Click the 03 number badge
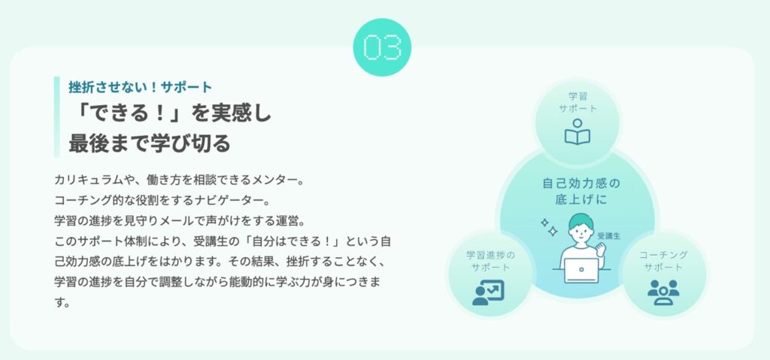pyautogui.click(x=382, y=47)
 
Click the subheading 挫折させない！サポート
pyautogui.click(x=141, y=87)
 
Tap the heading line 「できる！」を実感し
pyautogui.click(x=170, y=114)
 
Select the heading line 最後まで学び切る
pyautogui.click(x=150, y=144)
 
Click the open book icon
pyautogui.click(x=577, y=132)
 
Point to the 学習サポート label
pyautogui.click(x=577, y=102)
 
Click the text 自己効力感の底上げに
pyautogui.click(x=581, y=192)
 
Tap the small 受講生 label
pyautogui.click(x=609, y=236)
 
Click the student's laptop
pyautogui.click(x=581, y=271)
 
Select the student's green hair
pyautogui.click(x=581, y=220)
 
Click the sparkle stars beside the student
pyautogui.click(x=549, y=227)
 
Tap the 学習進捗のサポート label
pyautogui.click(x=490, y=261)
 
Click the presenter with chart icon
pyautogui.click(x=488, y=292)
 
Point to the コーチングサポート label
pyautogui.click(x=663, y=261)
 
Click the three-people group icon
pyautogui.click(x=663, y=292)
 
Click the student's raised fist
pyautogui.click(x=599, y=250)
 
